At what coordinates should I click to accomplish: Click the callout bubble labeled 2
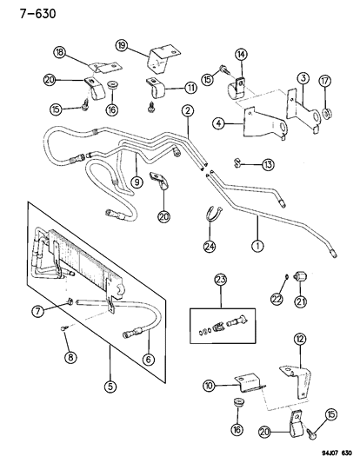(186, 110)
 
